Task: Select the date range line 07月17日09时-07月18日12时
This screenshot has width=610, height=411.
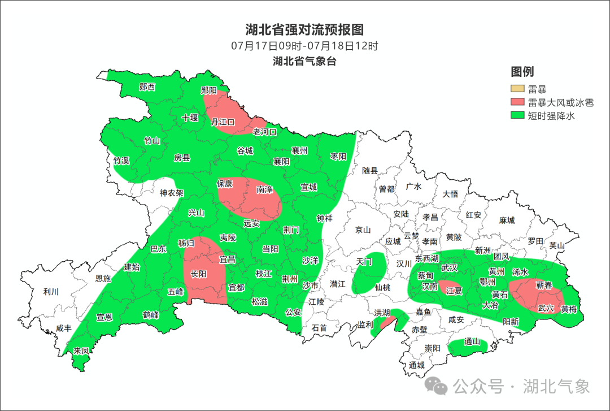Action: coord(304,46)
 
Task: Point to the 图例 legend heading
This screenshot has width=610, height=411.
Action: coord(522,72)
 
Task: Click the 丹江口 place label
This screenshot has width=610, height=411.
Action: coord(223,122)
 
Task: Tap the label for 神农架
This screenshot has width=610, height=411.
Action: coord(171,193)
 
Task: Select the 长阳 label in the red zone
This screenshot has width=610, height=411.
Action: coord(198,274)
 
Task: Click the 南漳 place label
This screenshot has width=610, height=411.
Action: coord(264,190)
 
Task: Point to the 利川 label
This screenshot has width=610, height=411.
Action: coord(51,292)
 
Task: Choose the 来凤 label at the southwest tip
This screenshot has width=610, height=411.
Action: coord(81,351)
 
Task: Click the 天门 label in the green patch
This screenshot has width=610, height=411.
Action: coord(364,262)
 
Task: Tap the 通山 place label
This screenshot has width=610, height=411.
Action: coord(472,342)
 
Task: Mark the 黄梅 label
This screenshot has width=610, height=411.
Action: coord(568,309)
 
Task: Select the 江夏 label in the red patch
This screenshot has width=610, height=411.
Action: coord(454,291)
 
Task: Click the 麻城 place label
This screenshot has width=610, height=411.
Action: coord(507,220)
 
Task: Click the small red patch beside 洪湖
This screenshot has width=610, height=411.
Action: coord(387,323)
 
